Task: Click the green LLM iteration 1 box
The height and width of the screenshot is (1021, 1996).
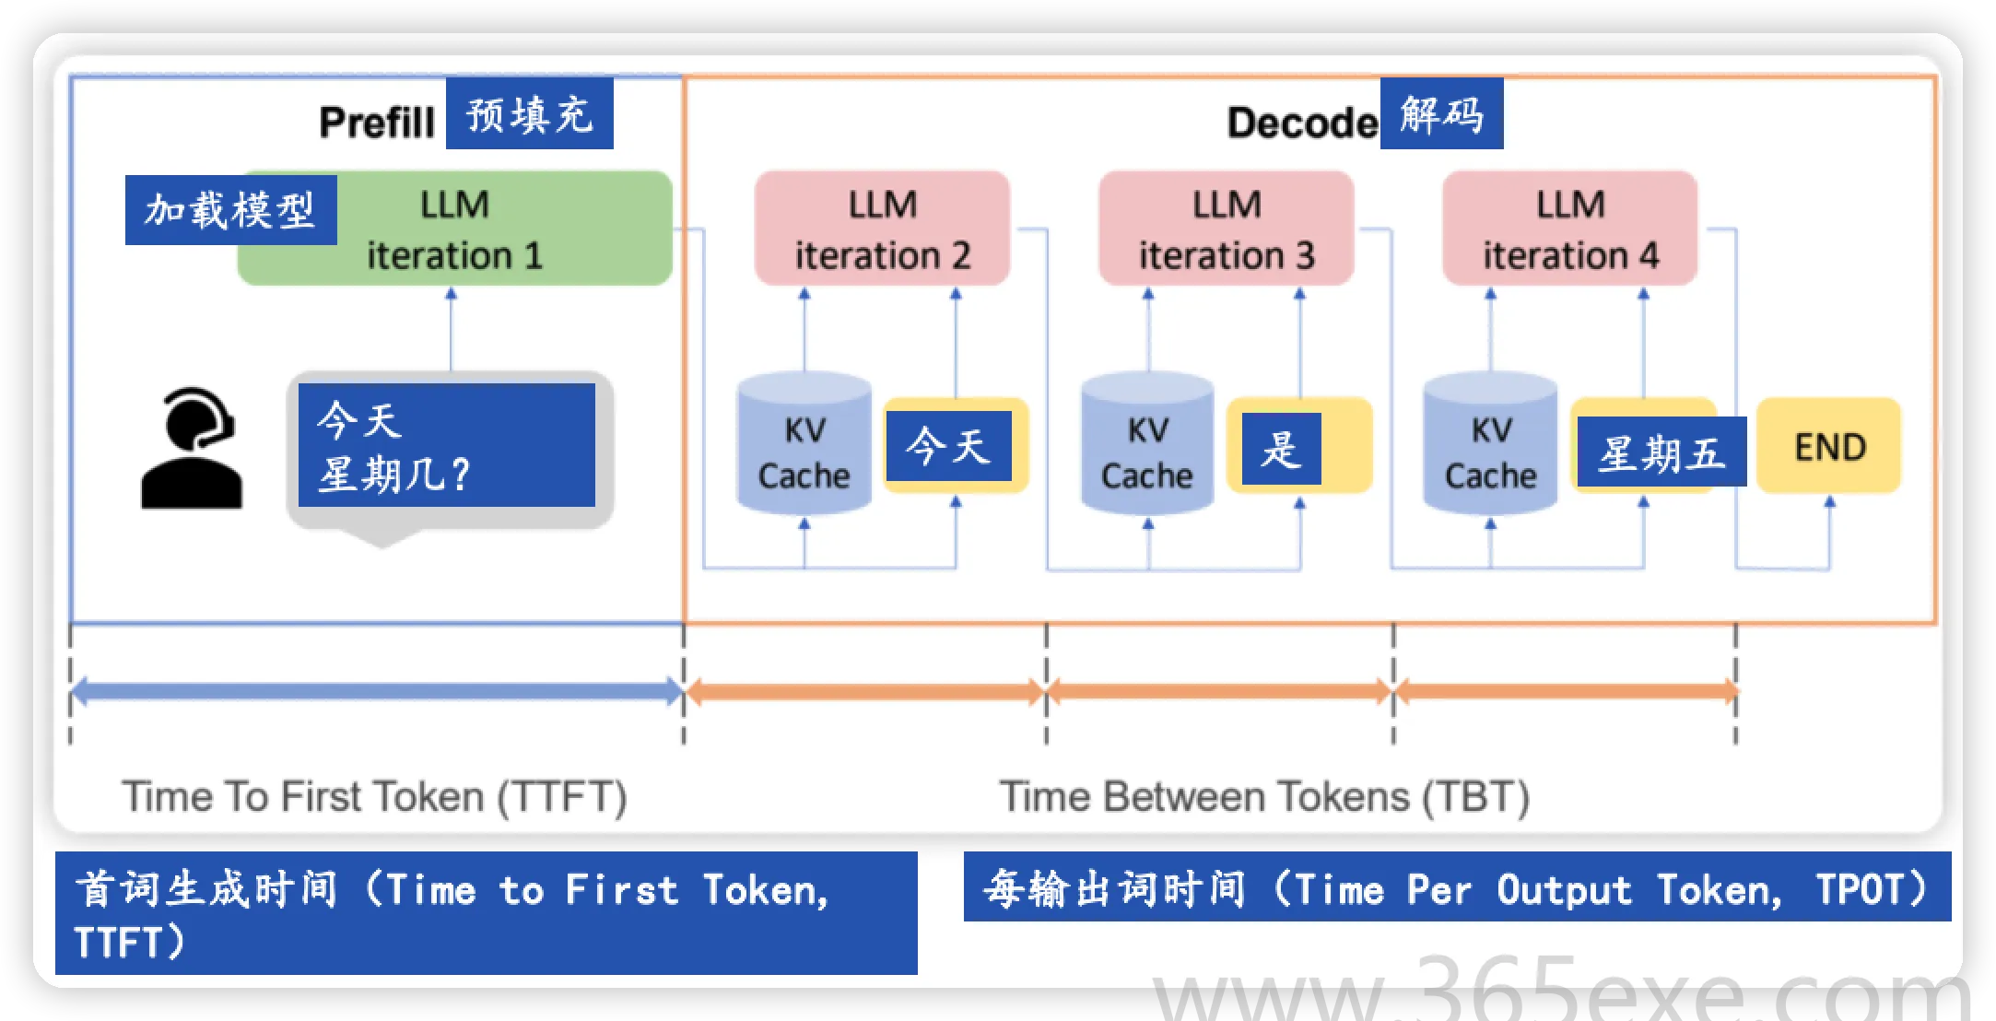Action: pos(498,229)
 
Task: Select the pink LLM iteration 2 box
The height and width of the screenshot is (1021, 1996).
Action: pos(882,229)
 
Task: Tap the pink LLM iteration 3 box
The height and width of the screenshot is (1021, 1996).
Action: pos(1226,229)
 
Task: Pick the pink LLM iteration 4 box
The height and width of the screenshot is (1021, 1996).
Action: pos(1569,229)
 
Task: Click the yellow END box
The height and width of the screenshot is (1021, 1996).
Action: pos(1829,447)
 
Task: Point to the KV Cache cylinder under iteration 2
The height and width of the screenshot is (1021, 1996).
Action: pos(804,447)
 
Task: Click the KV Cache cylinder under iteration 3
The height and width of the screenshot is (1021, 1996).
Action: pos(1147,447)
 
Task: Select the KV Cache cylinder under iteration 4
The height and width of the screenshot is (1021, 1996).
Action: pos(1490,447)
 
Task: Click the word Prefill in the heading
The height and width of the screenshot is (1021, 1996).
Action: pos(376,122)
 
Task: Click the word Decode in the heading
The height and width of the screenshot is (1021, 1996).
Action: pos(1301,122)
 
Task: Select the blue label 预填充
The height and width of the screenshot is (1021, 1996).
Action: pos(530,114)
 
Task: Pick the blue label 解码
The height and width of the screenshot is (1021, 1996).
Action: pos(1441,114)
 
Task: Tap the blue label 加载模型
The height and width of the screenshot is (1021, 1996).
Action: pos(230,210)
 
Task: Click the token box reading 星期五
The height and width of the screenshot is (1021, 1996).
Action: pos(1661,452)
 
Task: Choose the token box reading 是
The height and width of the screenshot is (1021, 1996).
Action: pos(1281,449)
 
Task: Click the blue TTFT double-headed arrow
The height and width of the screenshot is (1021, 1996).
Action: pos(376,691)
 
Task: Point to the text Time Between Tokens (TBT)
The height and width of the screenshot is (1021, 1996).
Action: pos(1264,796)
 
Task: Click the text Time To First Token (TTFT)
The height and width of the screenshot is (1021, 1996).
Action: pos(374,796)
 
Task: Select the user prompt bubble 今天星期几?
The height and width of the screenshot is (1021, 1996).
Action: pos(447,446)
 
